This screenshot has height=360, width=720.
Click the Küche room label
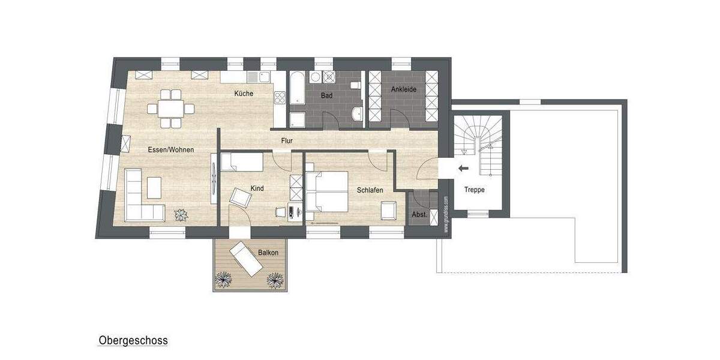pos(244,94)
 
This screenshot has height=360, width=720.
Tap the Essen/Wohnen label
pos(170,149)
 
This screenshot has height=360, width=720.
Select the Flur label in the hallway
pos(287,141)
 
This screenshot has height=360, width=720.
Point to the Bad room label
pos(326,95)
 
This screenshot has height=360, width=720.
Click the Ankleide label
pos(404,89)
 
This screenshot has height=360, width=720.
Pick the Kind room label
pos(257,188)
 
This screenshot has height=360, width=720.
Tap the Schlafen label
pos(370,190)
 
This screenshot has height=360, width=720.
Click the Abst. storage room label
pos(419,215)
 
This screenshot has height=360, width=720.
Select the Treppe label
pos(474,190)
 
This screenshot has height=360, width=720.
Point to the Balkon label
pos(268,253)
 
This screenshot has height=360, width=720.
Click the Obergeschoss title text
pos(133,341)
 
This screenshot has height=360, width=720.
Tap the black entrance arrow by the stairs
pos(463,169)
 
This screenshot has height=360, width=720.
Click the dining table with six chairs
pos(171,109)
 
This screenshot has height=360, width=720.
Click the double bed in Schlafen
pos(328,191)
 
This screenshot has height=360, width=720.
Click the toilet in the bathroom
pos(356,86)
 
